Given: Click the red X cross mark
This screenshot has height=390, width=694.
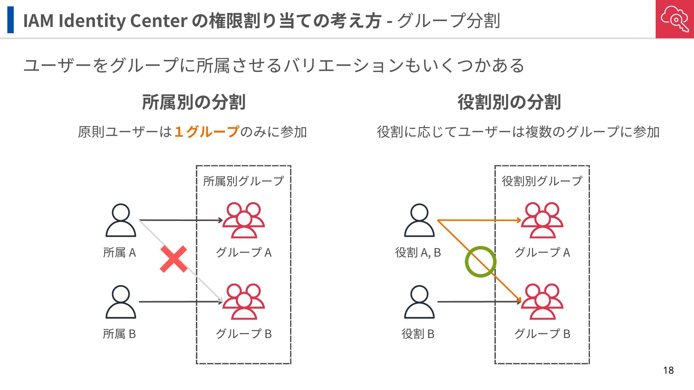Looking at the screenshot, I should point(173,259).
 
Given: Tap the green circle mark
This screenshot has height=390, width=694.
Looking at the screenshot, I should point(480,262).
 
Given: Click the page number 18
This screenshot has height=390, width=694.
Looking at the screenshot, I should point(668,370).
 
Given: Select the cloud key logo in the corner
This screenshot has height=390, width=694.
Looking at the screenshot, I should point(674,19).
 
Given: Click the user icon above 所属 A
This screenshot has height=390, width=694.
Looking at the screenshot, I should point(121,220).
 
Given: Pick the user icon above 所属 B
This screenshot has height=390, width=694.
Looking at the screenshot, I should point(121,302).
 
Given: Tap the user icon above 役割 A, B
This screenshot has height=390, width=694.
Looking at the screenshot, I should point(419,220).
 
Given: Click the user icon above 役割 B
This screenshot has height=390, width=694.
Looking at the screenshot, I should point(419,302).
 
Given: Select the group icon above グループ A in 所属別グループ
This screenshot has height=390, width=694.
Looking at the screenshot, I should point(244,220).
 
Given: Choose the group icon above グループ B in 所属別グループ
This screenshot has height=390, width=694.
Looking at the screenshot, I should point(244,302).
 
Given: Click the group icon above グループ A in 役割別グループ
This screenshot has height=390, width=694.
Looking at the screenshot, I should point(542,220).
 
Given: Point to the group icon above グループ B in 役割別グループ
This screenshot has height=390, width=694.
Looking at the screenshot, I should point(542,302).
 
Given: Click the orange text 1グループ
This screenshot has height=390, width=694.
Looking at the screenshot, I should point(206,132).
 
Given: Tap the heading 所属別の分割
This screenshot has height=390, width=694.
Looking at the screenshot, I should point(194,102).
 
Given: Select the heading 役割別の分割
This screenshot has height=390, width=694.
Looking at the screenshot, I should point(509,102).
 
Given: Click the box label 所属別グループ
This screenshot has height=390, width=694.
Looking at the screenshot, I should point(243,181).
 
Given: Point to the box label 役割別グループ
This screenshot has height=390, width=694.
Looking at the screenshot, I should point(542,181).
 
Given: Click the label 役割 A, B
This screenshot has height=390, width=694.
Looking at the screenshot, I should point(418,252).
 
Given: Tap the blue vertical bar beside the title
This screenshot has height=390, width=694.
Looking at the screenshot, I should point(10,20).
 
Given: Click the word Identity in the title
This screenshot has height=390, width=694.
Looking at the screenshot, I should point(92,21).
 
